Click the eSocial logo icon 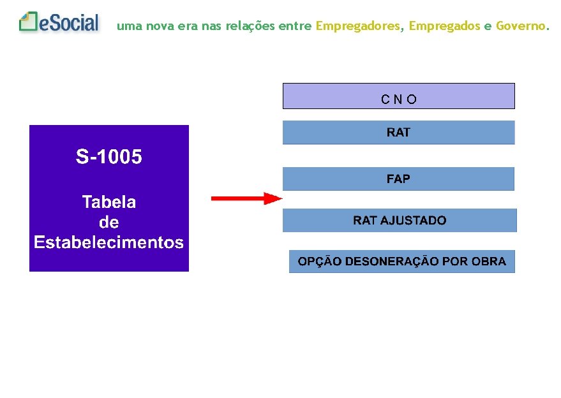pyautogui.click(x=29, y=22)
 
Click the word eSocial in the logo pyautogui.click(x=69, y=24)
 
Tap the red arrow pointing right pyautogui.click(x=246, y=199)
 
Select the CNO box pyautogui.click(x=398, y=96)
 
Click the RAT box pyautogui.click(x=398, y=133)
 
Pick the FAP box pyautogui.click(x=398, y=179)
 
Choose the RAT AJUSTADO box pyautogui.click(x=400, y=221)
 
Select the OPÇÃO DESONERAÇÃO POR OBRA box pyautogui.click(x=402, y=262)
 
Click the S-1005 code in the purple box pyautogui.click(x=108, y=157)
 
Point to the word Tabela pyautogui.click(x=108, y=202)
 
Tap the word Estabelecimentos pyautogui.click(x=108, y=242)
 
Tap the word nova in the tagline pyautogui.click(x=159, y=26)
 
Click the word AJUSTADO pyautogui.click(x=414, y=221)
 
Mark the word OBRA pyautogui.click(x=489, y=262)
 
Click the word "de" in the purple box pyautogui.click(x=108, y=223)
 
